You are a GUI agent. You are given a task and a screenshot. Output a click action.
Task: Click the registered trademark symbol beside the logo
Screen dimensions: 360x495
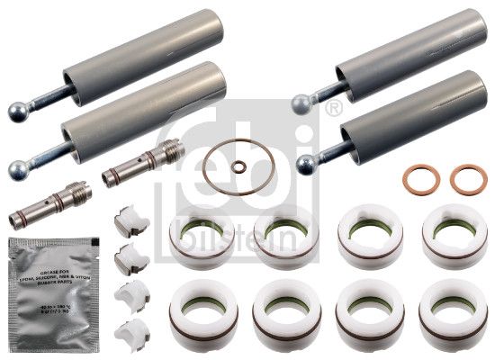[336, 109]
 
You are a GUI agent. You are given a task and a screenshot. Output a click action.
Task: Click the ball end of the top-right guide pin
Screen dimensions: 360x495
[301, 105]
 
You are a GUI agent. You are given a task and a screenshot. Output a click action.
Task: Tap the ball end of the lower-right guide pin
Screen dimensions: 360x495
[307, 163]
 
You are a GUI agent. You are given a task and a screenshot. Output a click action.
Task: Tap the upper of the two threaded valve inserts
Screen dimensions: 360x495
[138, 161]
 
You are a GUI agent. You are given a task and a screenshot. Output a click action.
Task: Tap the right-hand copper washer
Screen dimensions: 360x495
[468, 179]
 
